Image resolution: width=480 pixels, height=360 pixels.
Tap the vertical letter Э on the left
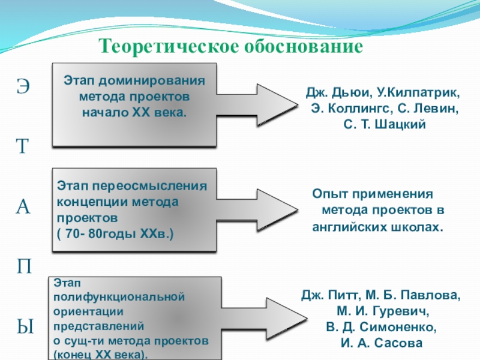click(x=22, y=86)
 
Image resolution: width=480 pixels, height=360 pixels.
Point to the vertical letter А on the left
click(x=22, y=207)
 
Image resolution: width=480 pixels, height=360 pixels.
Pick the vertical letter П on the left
click(x=23, y=266)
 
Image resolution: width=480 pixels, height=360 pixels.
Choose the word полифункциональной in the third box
click(x=118, y=296)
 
